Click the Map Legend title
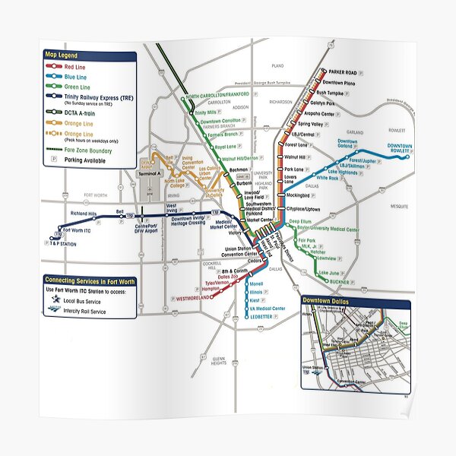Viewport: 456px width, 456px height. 62,55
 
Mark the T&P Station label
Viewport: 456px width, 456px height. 65,245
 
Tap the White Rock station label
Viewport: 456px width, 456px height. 328,178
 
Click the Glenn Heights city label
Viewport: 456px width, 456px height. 219,359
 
